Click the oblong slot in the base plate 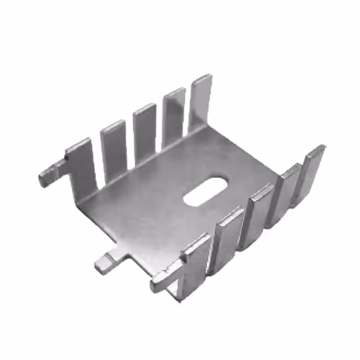tap(206, 191)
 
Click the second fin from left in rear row tap(113, 146)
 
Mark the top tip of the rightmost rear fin tap(202, 78)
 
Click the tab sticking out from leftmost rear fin tap(51, 174)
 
